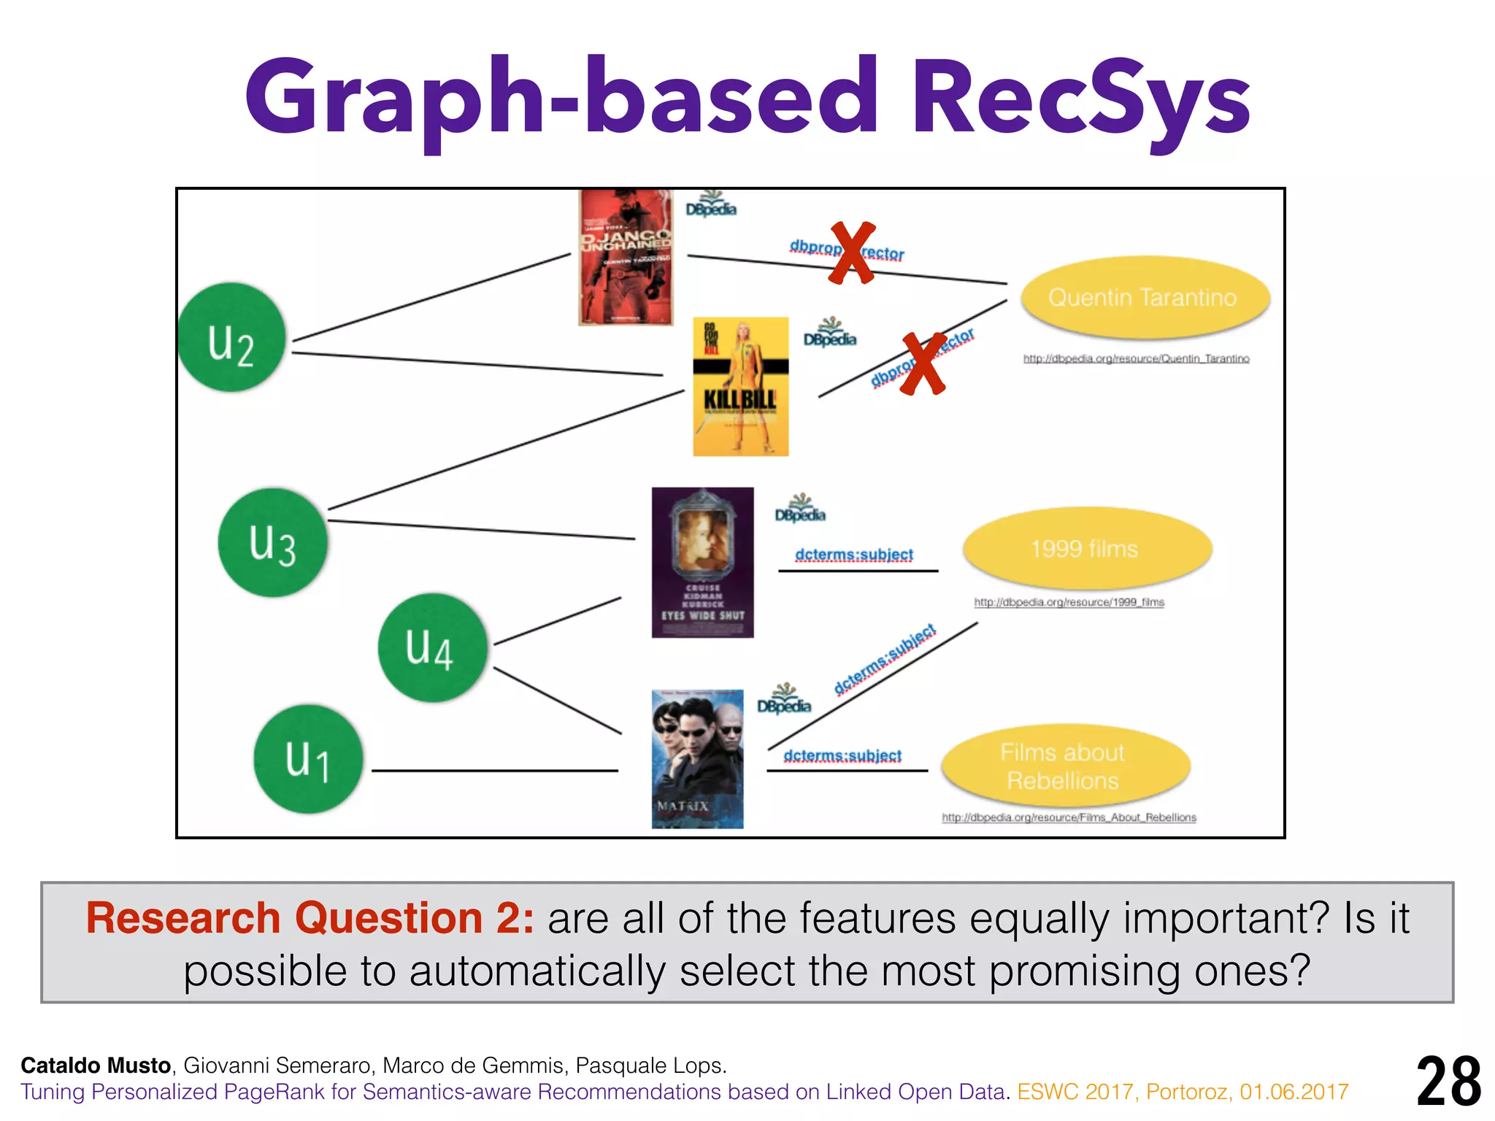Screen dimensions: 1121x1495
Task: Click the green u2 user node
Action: click(x=231, y=337)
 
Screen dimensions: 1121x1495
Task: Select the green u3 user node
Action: click(x=272, y=542)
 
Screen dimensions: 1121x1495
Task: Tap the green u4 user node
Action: click(x=432, y=647)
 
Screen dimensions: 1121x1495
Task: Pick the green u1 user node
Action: click(x=308, y=759)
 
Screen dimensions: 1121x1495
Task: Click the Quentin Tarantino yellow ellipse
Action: click(x=1143, y=297)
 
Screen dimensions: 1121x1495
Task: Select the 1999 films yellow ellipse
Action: click(x=1085, y=548)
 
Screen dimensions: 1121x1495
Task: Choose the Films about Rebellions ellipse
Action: click(x=1064, y=766)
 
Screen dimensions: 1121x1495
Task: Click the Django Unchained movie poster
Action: click(x=626, y=257)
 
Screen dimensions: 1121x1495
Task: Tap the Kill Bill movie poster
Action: click(x=740, y=386)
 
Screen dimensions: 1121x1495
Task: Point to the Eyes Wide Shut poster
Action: click(x=702, y=562)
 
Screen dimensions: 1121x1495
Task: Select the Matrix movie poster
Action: click(x=697, y=758)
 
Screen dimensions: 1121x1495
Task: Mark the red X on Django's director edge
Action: click(x=852, y=253)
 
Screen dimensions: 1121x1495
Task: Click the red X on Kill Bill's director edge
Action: click(x=923, y=363)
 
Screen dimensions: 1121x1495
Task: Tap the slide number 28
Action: click(x=1448, y=1082)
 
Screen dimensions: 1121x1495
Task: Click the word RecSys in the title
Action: click(x=1080, y=99)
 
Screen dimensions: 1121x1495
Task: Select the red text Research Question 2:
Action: click(x=310, y=917)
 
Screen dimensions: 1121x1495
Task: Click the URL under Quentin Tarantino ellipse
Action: click(x=1136, y=358)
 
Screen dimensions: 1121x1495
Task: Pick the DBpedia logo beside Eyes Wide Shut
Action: click(x=800, y=508)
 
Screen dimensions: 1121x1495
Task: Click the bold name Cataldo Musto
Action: click(x=96, y=1066)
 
